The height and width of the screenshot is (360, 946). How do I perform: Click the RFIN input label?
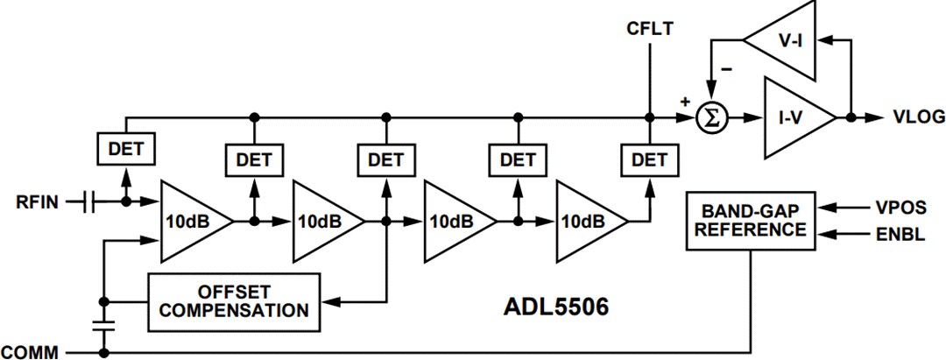36,201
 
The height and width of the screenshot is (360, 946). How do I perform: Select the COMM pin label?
31,352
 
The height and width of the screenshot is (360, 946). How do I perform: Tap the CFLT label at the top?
650,30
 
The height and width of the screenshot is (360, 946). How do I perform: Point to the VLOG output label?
918,116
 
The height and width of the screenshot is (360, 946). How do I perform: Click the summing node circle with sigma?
712,117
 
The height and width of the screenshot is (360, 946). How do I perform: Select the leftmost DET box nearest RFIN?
125,149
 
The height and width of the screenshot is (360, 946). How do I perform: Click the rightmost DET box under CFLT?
649,159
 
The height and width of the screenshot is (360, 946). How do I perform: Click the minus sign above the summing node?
726,67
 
